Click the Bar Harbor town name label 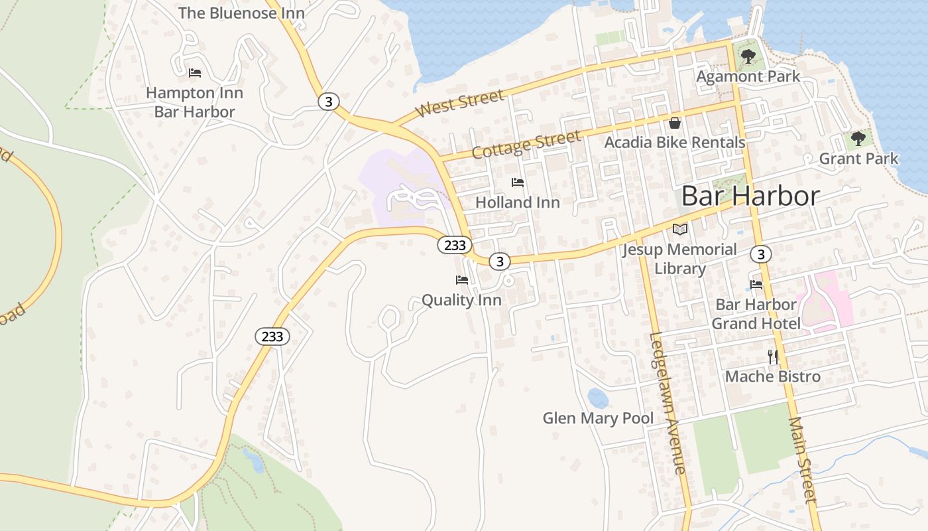(x=750, y=196)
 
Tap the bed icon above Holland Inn (x=518, y=183)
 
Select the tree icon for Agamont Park (x=748, y=56)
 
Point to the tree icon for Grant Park (x=858, y=139)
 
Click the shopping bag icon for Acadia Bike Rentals (x=675, y=123)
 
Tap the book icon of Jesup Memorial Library (x=680, y=230)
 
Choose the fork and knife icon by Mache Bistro (x=773, y=357)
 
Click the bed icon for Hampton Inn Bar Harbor (x=195, y=73)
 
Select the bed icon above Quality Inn (x=462, y=280)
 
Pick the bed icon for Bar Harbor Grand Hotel (x=756, y=285)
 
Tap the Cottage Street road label (x=526, y=144)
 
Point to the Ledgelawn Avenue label (x=667, y=403)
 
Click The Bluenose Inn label (x=241, y=13)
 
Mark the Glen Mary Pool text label (x=598, y=418)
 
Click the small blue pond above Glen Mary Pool (x=597, y=398)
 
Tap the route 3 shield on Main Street (x=761, y=254)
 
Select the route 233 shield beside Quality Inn (x=455, y=245)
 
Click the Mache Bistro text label (x=773, y=376)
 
